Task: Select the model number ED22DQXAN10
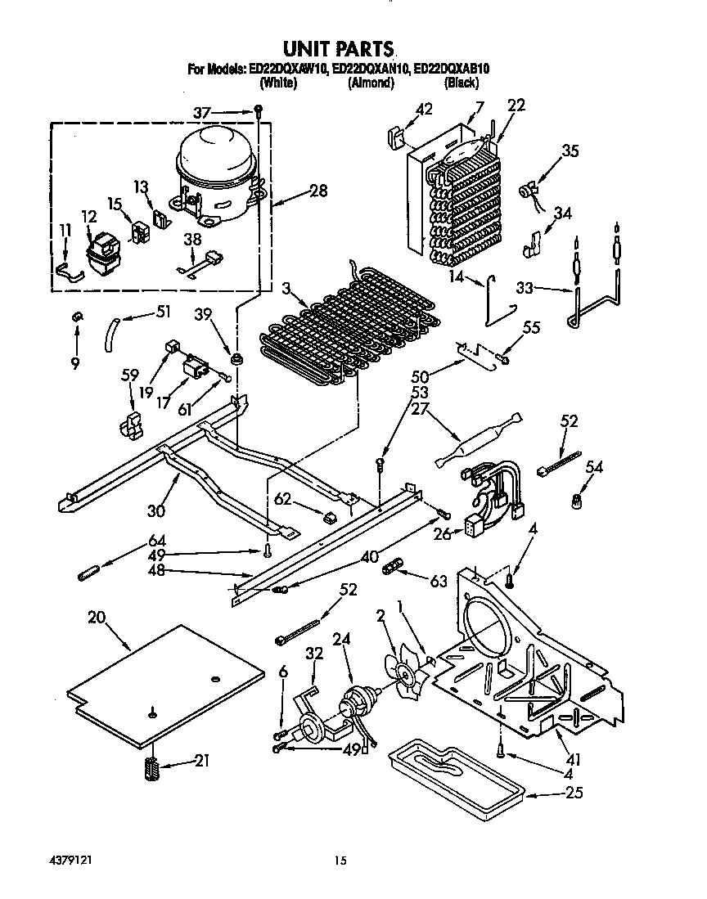tap(371, 70)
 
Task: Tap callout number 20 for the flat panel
tap(97, 618)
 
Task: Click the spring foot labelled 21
tap(151, 768)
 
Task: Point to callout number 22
tap(516, 105)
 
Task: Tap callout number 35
tap(570, 151)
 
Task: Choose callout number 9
tap(75, 364)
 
